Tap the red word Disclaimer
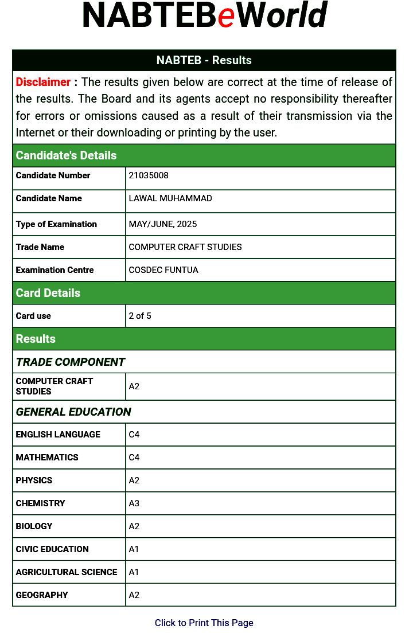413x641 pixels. [43, 82]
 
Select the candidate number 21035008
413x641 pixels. [149, 175]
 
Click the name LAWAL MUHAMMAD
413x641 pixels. [170, 198]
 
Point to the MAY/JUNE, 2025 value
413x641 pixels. [163, 224]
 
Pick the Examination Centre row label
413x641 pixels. [54, 270]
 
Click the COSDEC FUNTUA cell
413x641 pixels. [163, 270]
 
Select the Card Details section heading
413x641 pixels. [48, 293]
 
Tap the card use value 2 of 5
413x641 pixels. [140, 316]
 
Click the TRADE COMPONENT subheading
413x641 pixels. [71, 362]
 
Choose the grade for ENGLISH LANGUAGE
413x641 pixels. [134, 435]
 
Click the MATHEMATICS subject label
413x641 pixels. [47, 458]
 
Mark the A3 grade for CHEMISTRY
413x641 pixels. [134, 503]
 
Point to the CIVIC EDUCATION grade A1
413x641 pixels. [134, 549]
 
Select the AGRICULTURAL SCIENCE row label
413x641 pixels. [67, 572]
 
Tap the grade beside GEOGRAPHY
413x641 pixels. [134, 595]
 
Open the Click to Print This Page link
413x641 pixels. [204, 623]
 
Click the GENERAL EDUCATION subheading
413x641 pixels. [73, 412]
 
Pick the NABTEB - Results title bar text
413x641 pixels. [204, 60]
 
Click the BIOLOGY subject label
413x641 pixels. [34, 526]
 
